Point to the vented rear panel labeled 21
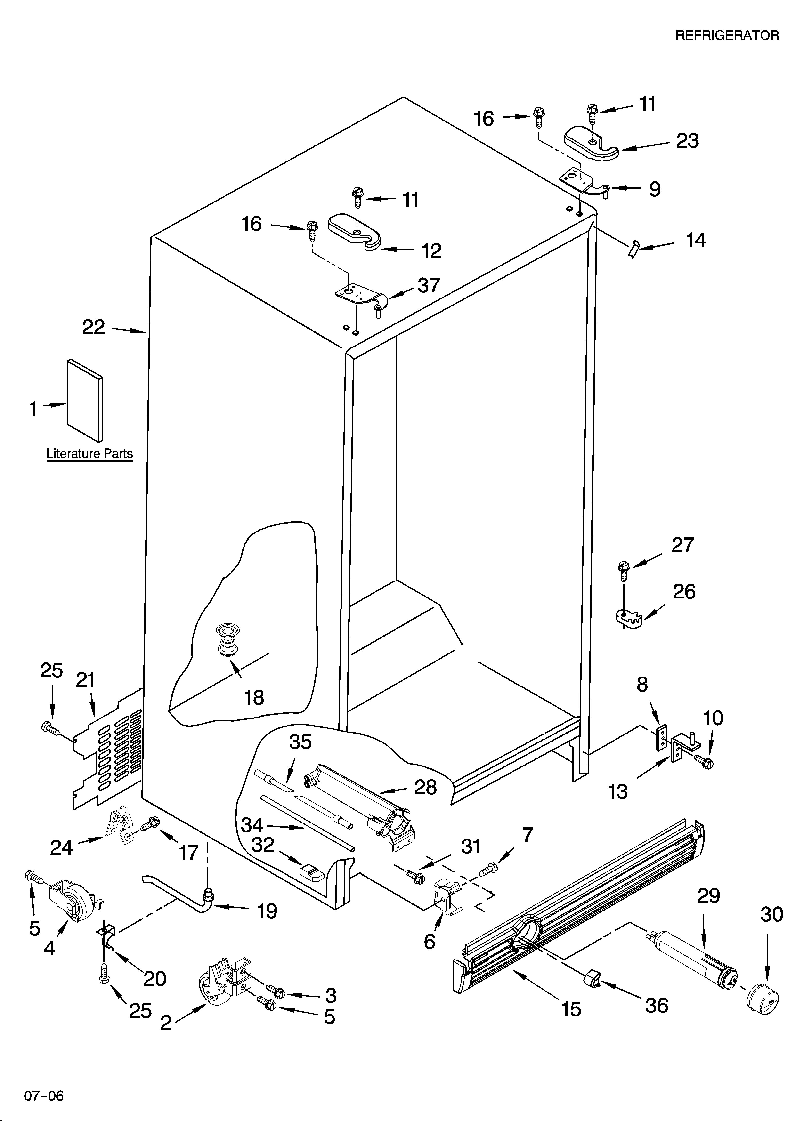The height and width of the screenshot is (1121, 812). pos(111,754)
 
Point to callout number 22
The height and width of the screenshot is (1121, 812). pos(93,327)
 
